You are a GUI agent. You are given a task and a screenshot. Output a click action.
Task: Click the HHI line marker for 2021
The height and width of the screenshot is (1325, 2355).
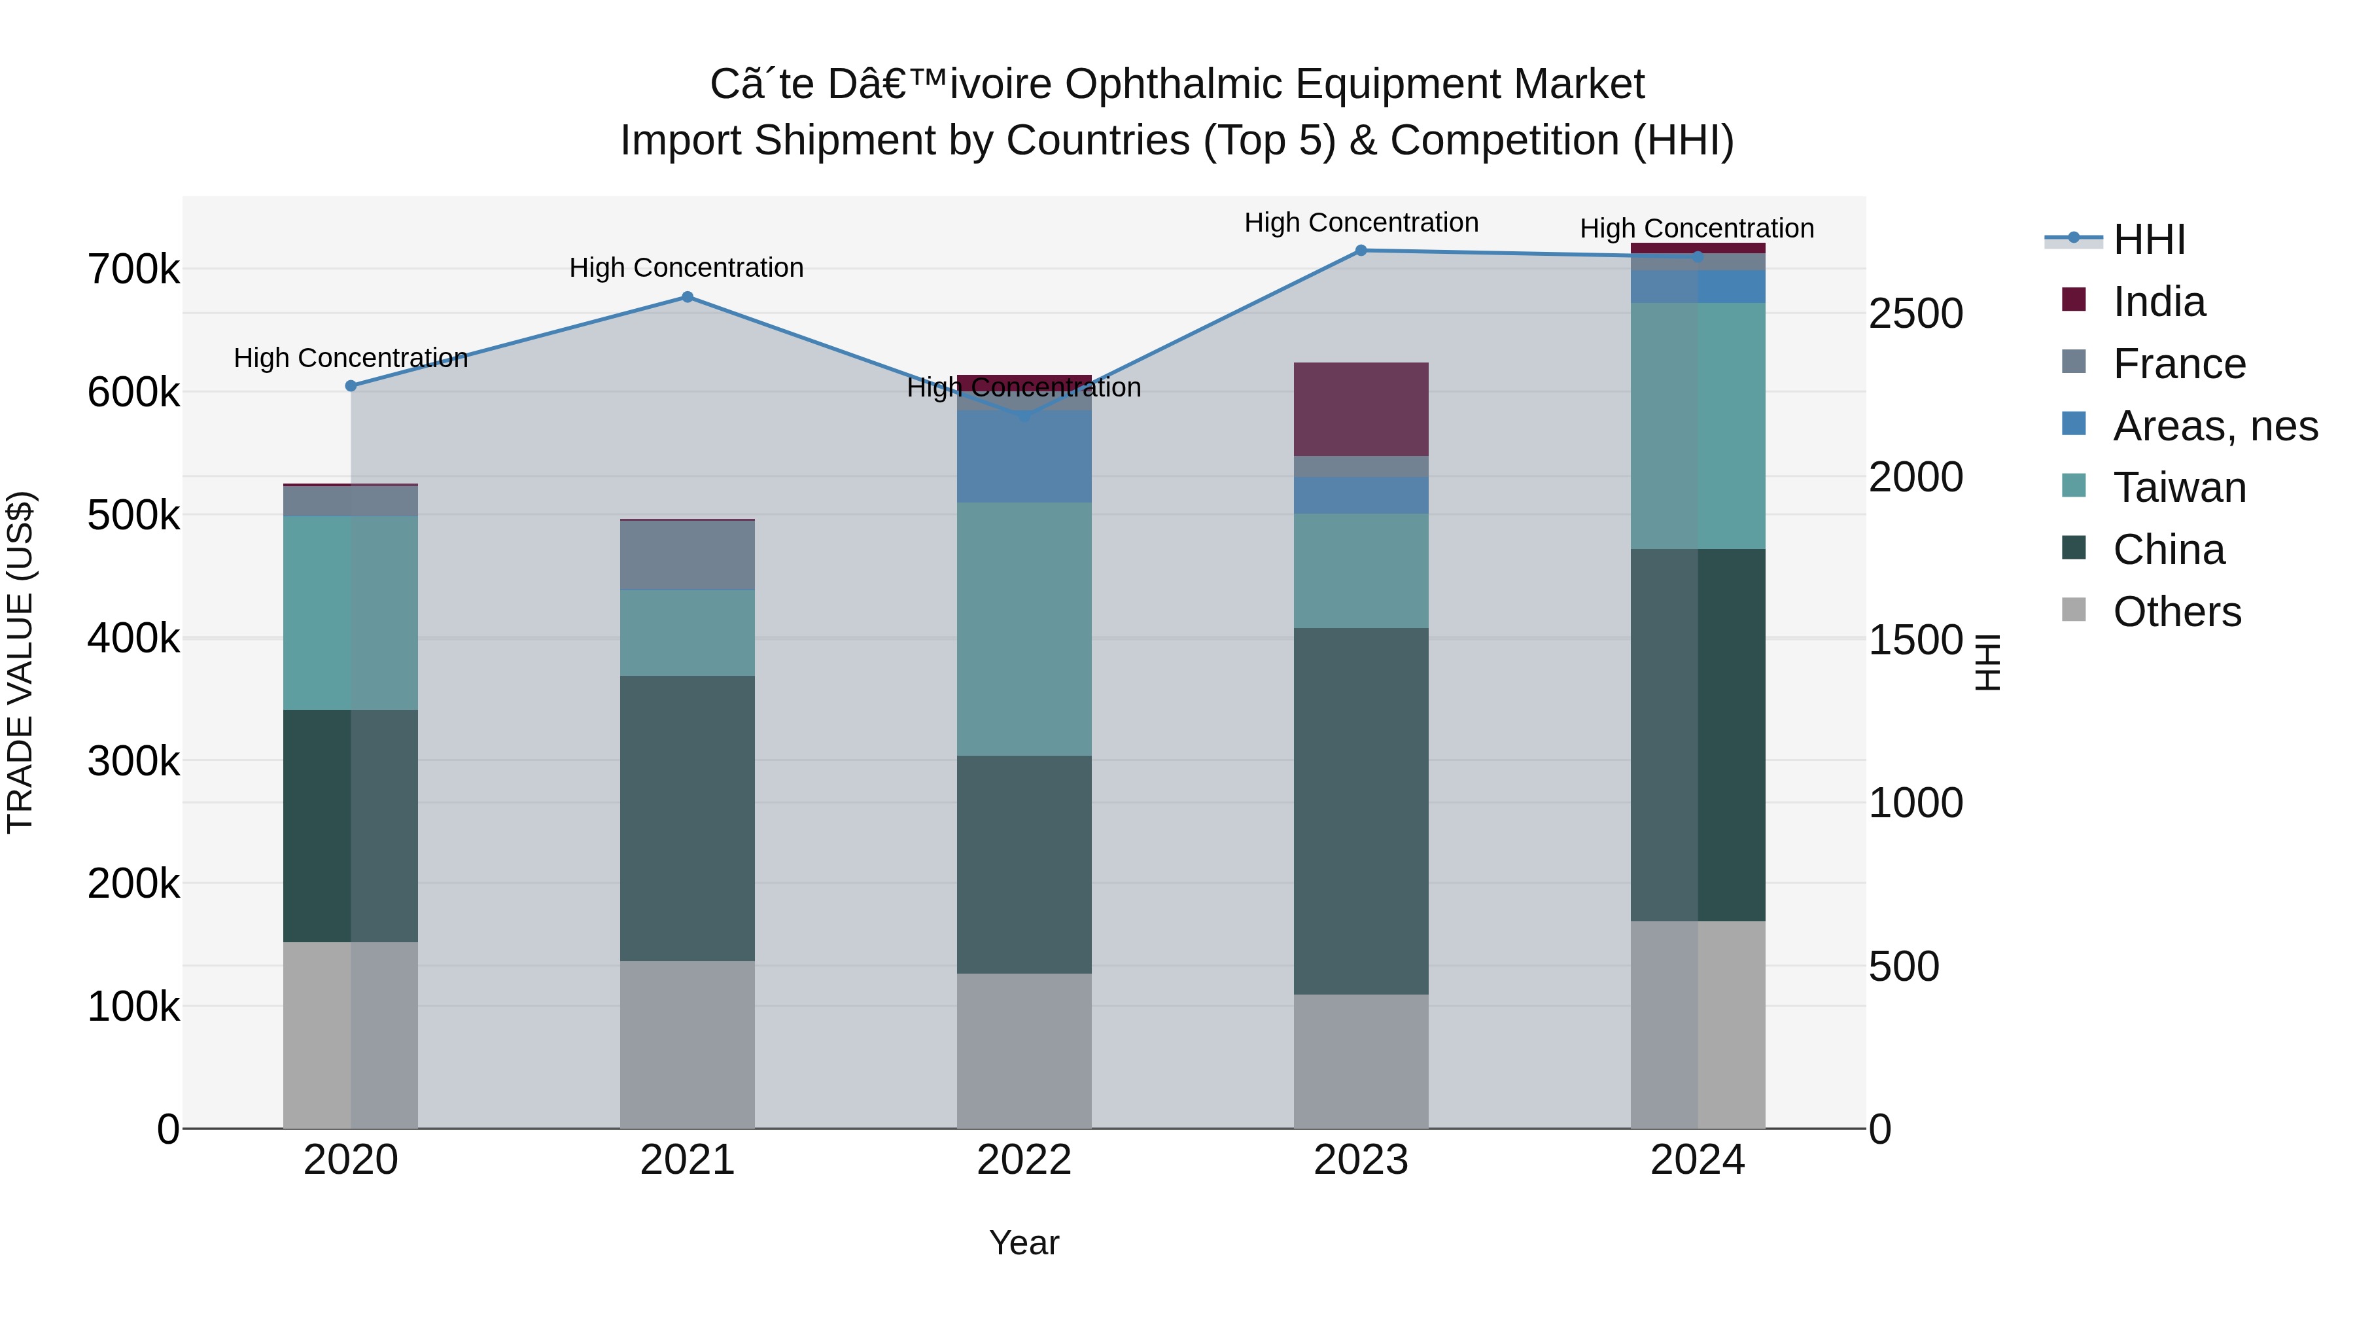pyautogui.click(x=688, y=297)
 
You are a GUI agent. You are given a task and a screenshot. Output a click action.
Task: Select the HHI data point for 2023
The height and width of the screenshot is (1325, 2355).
pyautogui.click(x=1361, y=251)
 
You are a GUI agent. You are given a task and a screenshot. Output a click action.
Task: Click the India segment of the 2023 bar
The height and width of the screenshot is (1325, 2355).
pyautogui.click(x=1361, y=409)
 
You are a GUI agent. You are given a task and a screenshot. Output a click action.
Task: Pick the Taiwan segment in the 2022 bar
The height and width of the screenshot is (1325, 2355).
pyautogui.click(x=1024, y=628)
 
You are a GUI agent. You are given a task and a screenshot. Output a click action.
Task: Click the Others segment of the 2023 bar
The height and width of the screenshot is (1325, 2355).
pyautogui.click(x=1361, y=1061)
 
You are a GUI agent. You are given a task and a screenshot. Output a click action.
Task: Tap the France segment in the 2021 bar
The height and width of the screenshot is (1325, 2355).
pyautogui.click(x=688, y=555)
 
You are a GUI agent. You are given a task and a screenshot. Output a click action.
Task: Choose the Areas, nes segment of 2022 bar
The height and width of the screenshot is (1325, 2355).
pyautogui.click(x=1024, y=456)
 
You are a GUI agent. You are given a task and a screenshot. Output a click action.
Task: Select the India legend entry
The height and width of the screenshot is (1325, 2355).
pyautogui.click(x=2159, y=302)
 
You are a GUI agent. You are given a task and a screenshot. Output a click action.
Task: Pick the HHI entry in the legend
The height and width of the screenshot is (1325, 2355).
pyautogui.click(x=2148, y=239)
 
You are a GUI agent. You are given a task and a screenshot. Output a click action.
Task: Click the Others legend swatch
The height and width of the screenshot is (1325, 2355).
pyautogui.click(x=2074, y=610)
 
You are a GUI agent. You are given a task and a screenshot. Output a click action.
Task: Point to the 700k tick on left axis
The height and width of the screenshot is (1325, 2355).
pyautogui.click(x=133, y=270)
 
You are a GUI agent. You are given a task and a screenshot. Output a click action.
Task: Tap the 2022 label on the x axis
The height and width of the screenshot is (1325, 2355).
pyautogui.click(x=1024, y=1160)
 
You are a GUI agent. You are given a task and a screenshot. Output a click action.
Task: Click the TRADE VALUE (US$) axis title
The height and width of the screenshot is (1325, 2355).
pyautogui.click(x=20, y=662)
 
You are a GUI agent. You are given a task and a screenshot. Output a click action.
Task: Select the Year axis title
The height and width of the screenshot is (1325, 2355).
pyautogui.click(x=1024, y=1243)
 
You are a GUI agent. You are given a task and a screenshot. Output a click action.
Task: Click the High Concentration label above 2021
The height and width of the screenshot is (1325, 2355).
pyautogui.click(x=687, y=268)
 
